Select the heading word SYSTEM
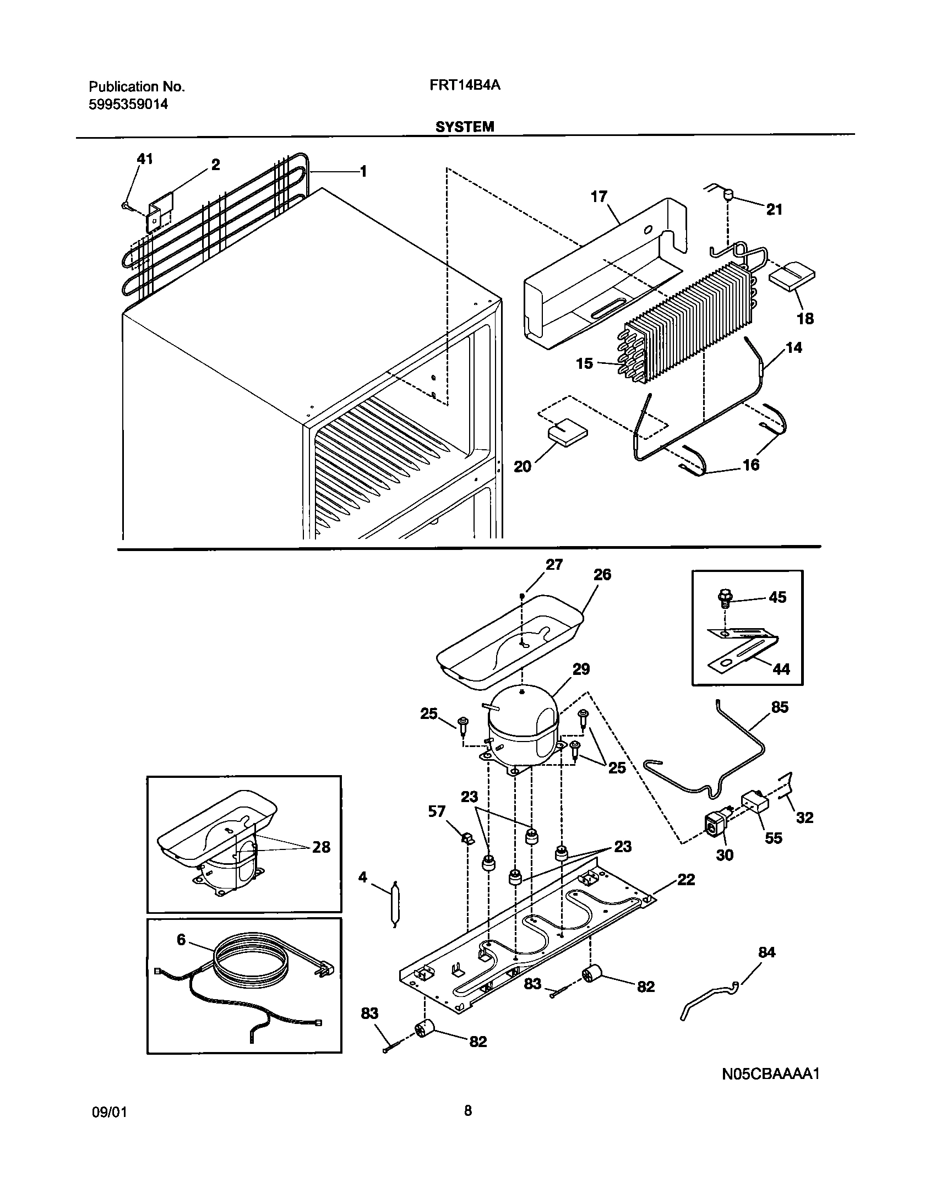click(x=465, y=127)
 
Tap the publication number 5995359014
click(x=128, y=104)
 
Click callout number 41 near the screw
click(x=144, y=159)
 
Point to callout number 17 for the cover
click(x=598, y=197)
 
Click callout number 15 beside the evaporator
click(x=584, y=363)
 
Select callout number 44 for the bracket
click(x=781, y=669)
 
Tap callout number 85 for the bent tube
click(x=780, y=707)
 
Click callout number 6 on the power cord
click(x=181, y=940)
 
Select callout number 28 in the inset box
click(x=321, y=847)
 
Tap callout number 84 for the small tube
click(x=766, y=952)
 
